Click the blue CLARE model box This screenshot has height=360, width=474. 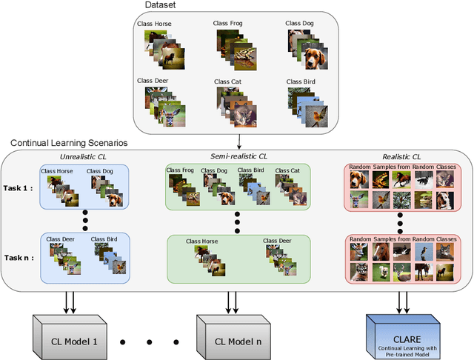click(x=404, y=335)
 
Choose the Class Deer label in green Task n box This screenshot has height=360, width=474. click(x=278, y=241)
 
